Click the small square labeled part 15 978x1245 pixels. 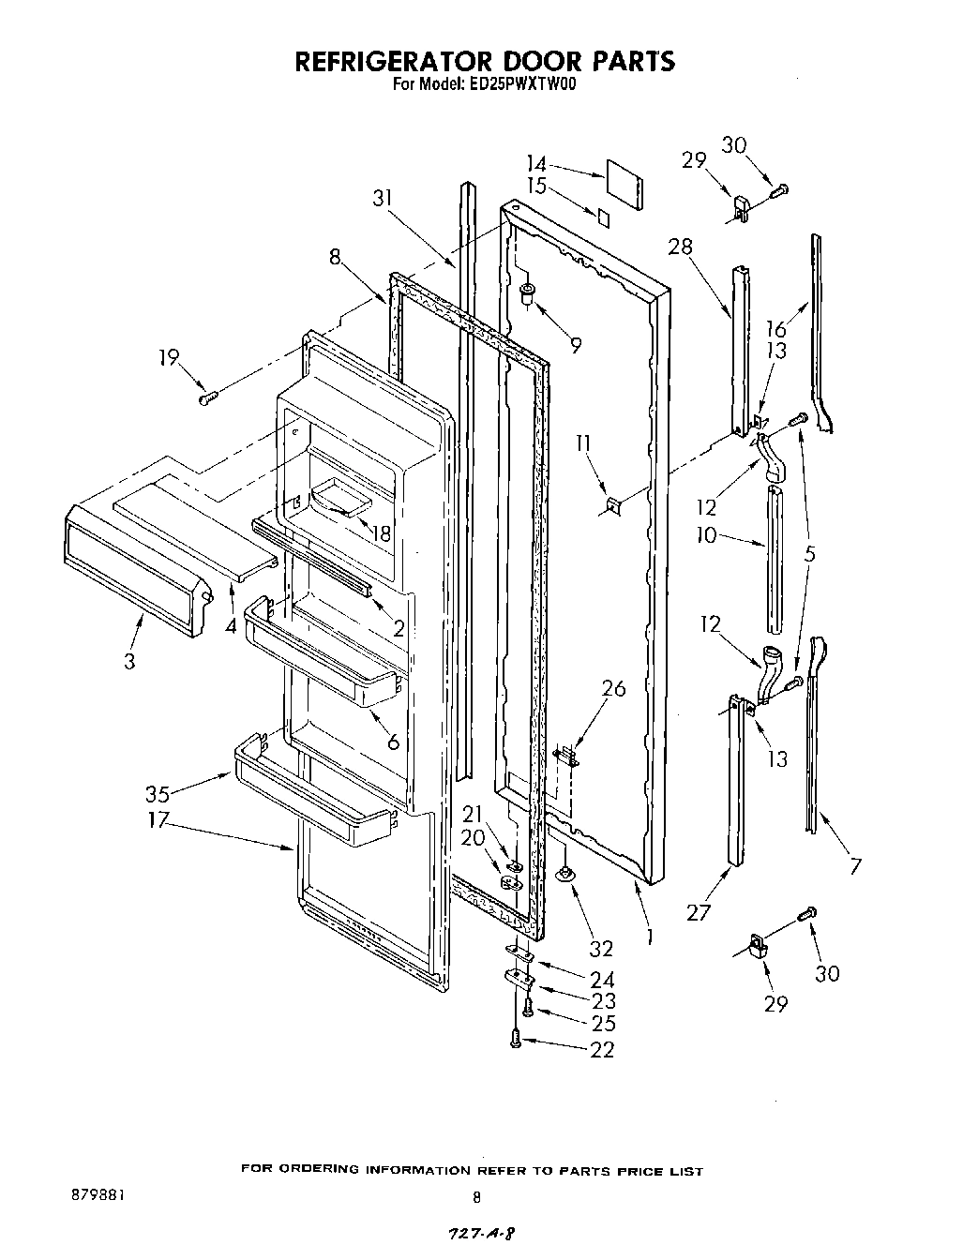pos(604,217)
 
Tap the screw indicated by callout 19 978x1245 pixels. pos(208,397)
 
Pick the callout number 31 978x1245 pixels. pos(383,198)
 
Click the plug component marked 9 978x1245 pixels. pos(528,296)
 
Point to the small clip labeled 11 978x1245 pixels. pos(612,505)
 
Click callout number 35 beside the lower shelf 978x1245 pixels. pos(158,793)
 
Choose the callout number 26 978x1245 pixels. pos(613,689)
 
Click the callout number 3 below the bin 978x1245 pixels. pos(128,661)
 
